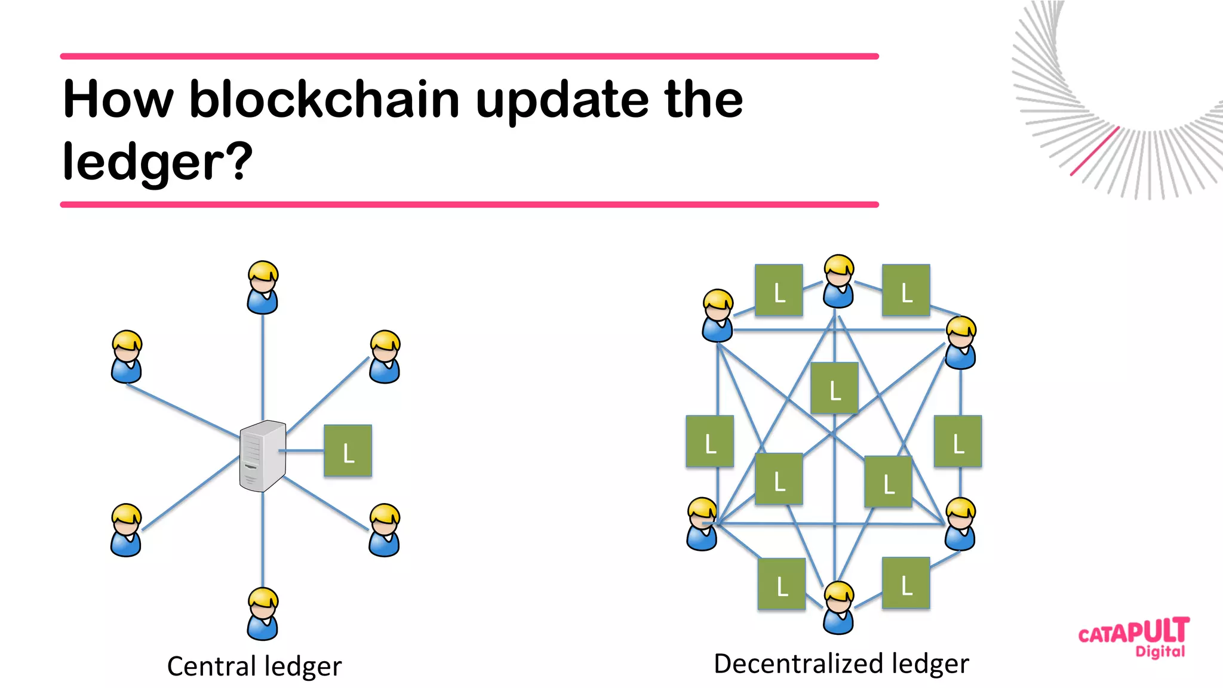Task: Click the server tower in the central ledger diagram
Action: (x=262, y=455)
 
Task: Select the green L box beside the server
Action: (x=348, y=451)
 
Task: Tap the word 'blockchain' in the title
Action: (x=324, y=99)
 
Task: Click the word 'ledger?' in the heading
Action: (x=158, y=161)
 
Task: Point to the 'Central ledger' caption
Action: (x=254, y=666)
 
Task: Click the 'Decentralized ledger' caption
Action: (x=841, y=664)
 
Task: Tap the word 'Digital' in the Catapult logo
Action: (x=1160, y=651)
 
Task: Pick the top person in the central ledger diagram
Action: (x=263, y=288)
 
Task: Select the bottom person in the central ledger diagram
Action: (x=263, y=614)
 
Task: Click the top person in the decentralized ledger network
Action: (x=838, y=281)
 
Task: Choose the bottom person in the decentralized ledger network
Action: (x=838, y=607)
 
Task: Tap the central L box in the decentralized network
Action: (x=834, y=388)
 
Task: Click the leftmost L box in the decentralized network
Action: (x=709, y=441)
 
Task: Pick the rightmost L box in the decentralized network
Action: (x=958, y=441)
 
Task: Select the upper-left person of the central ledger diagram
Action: (x=127, y=356)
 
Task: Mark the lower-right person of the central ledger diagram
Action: (x=385, y=530)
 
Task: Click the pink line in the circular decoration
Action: (x=1094, y=152)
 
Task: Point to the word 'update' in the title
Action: (x=562, y=99)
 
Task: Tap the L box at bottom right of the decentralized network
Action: (x=905, y=583)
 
